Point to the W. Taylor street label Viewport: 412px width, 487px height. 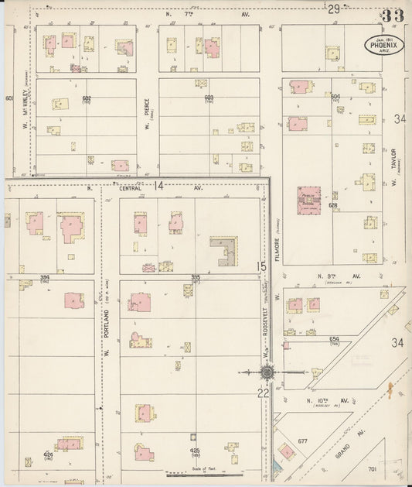[393, 167]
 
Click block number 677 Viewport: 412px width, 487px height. [302, 441]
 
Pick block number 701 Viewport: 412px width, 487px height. [372, 469]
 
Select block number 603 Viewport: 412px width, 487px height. [209, 98]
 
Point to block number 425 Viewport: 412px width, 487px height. [196, 449]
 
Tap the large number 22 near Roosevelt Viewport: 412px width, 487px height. [262, 393]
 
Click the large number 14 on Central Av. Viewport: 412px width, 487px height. [158, 186]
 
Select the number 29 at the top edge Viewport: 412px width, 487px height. [333, 9]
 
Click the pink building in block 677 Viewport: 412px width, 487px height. [286, 451]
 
